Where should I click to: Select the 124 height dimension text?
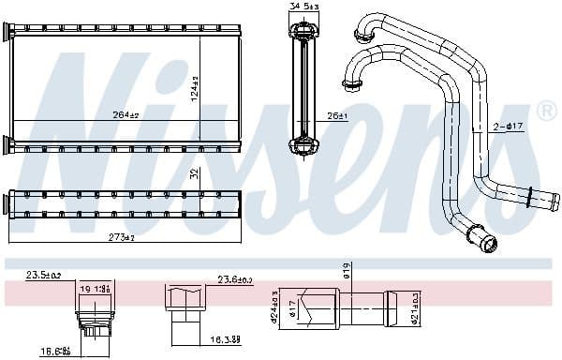coord(196,90)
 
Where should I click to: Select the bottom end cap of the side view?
coord(303,145)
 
